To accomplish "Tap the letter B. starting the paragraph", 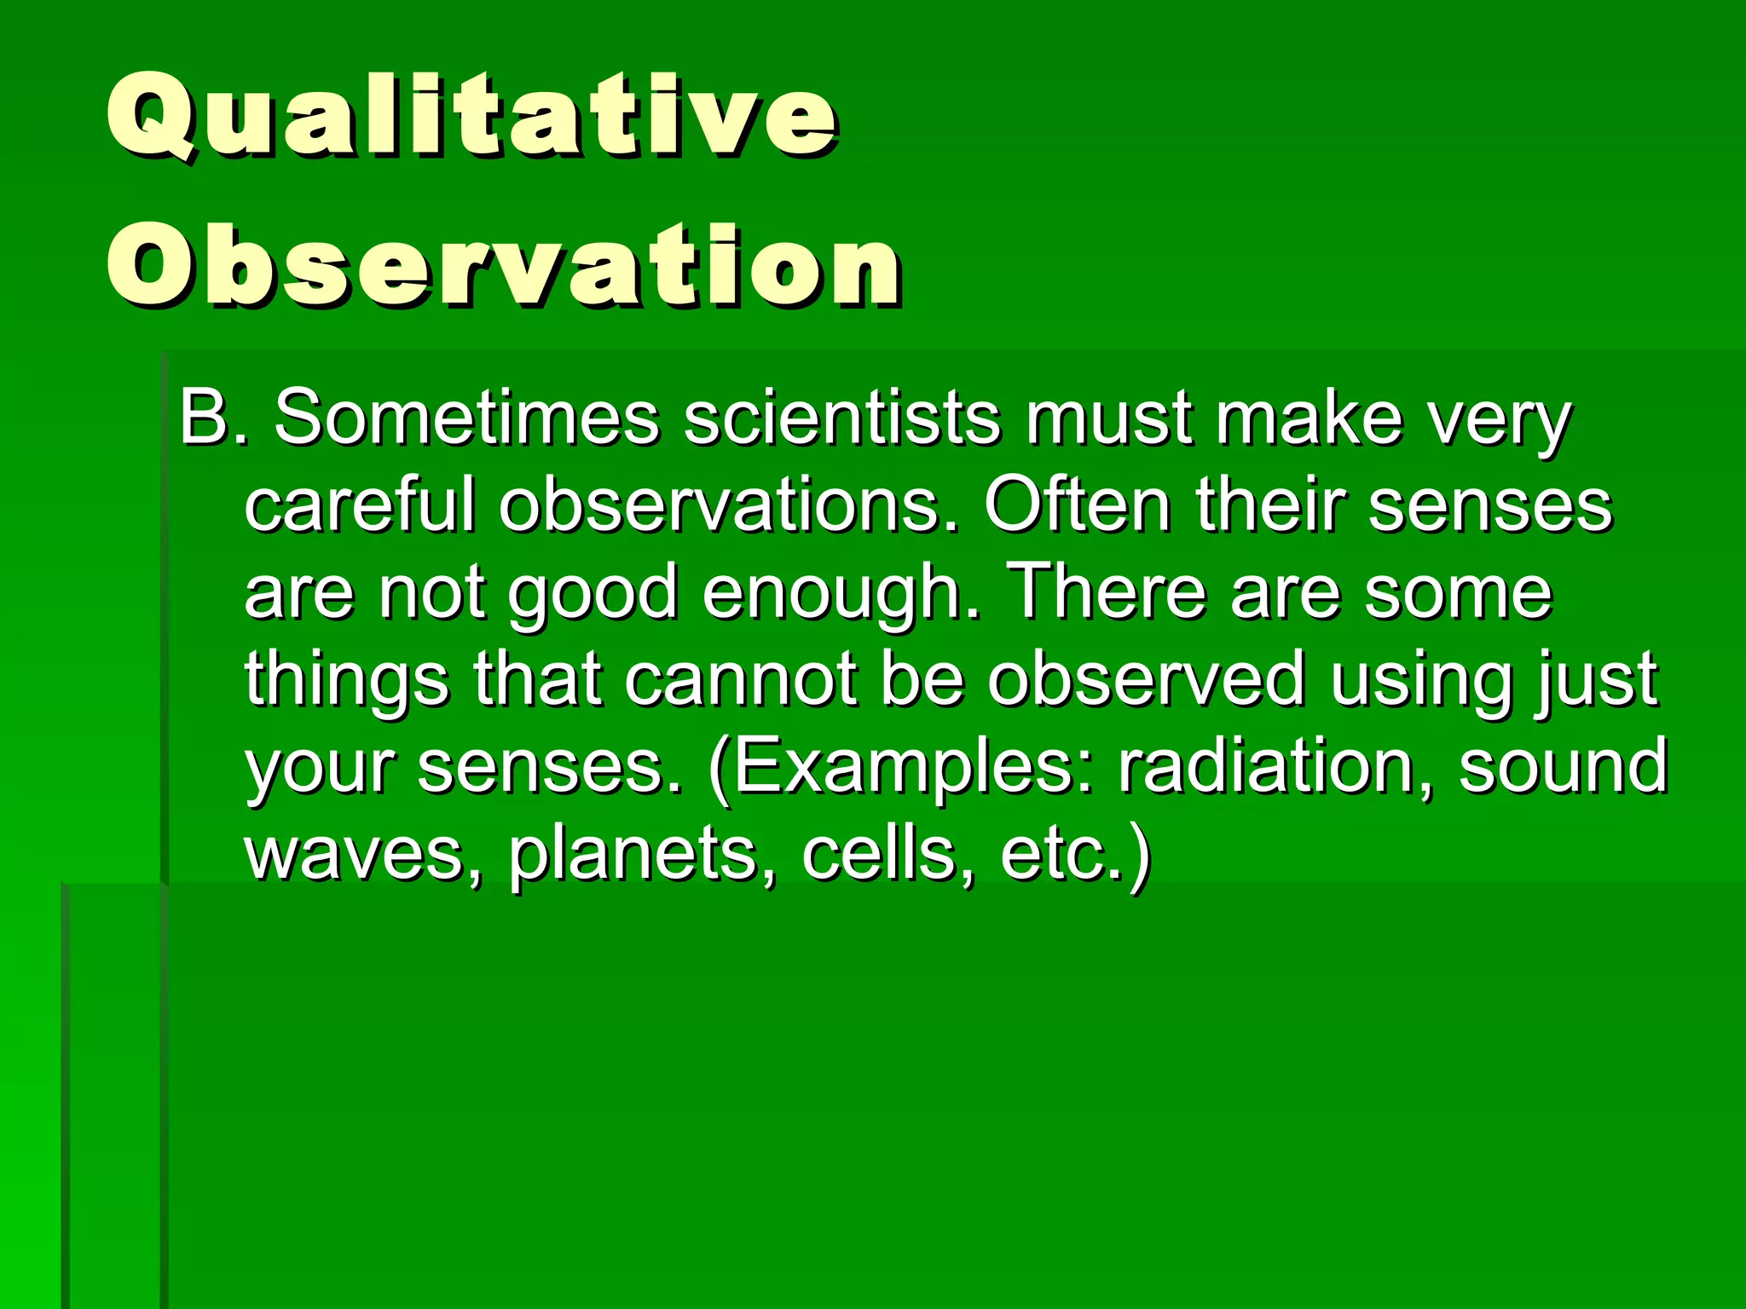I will (212, 418).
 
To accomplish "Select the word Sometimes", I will (466, 418).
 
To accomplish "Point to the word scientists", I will (841, 418).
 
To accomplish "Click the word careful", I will (359, 505).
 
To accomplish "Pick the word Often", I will (1077, 505).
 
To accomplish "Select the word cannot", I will (741, 678).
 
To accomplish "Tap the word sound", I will (1562, 766).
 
